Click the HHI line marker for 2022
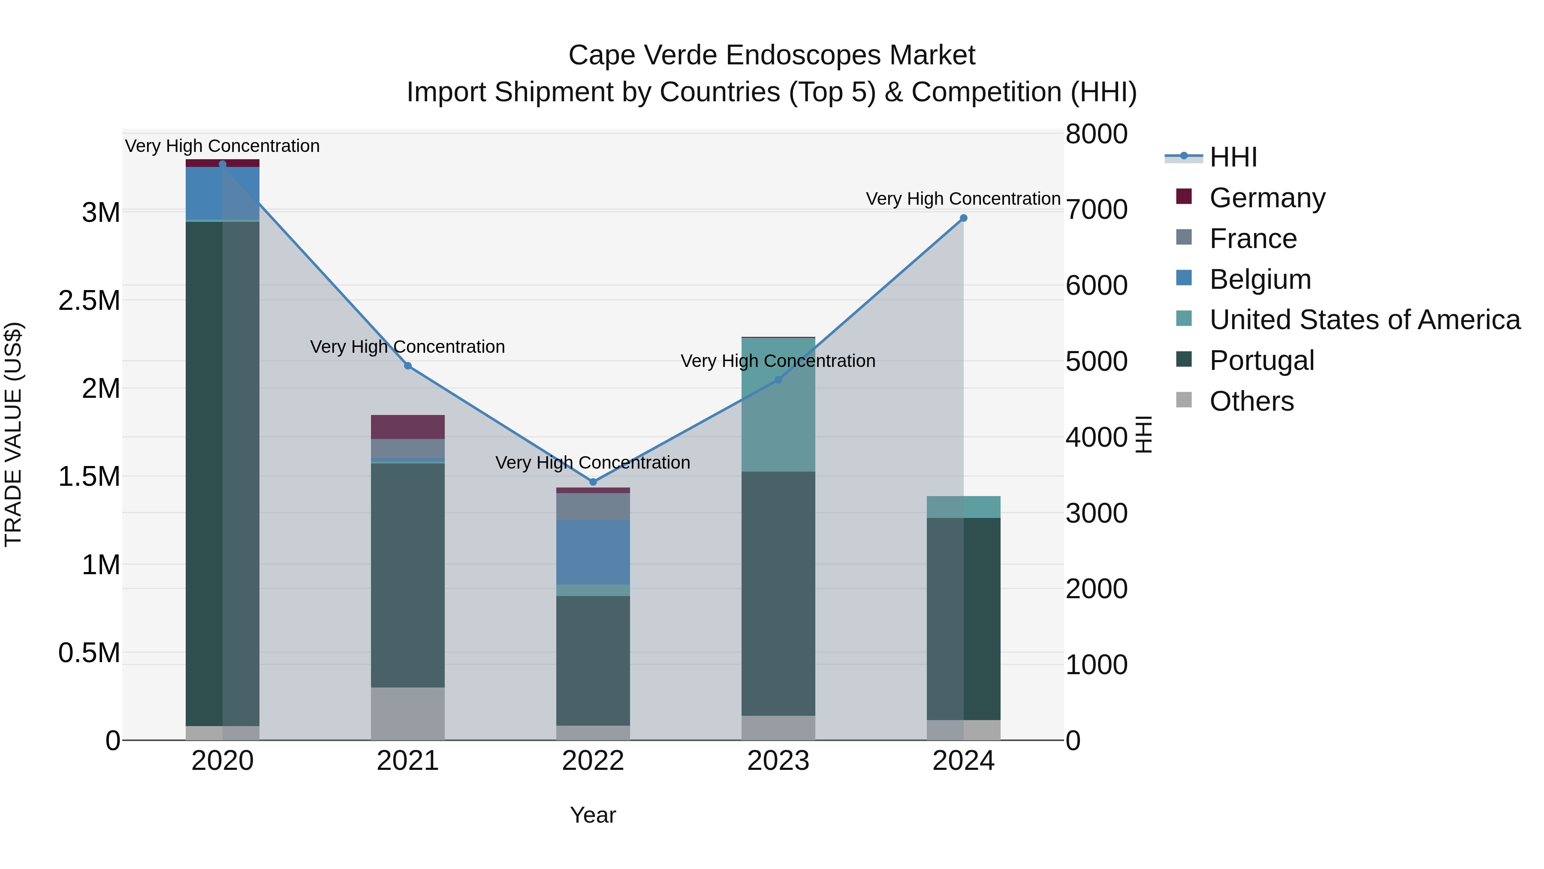pos(593,481)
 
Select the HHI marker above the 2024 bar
pos(963,218)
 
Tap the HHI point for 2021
pos(407,366)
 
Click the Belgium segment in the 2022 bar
pos(593,552)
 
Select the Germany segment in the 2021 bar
pos(407,427)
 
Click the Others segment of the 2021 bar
pos(407,713)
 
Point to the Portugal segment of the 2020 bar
pos(222,474)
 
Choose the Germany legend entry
pos(1267,198)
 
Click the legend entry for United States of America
pos(1364,320)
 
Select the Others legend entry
pos(1251,401)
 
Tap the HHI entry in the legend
pos(1233,157)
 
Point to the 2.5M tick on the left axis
pos(89,300)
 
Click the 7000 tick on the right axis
pos(1096,210)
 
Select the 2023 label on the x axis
pos(778,761)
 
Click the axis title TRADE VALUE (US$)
pos(13,434)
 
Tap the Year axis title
pos(593,815)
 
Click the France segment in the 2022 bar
pos(593,506)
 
